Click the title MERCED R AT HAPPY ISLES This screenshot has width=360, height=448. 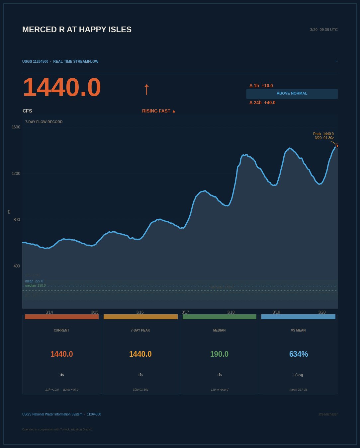pos(77,30)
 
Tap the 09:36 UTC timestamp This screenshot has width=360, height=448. pos(324,30)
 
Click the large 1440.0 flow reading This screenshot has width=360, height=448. pos(62,87)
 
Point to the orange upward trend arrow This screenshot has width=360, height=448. pos(146,89)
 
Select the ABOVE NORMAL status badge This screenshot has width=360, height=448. pos(292,94)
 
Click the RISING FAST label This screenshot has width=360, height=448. pos(159,111)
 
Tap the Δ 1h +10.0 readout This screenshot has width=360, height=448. pos(261,86)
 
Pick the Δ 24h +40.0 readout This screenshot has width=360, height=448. pos(262,103)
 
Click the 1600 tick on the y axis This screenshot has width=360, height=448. pos(16,127)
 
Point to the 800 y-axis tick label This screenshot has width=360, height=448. pos(17,220)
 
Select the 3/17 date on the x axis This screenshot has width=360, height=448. pos(185,312)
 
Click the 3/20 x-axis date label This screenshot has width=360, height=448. pos(322,312)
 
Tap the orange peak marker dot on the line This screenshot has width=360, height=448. pos(337,146)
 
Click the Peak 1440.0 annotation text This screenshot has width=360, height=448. pos(323,134)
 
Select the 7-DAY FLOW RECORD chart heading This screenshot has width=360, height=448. pos(44,122)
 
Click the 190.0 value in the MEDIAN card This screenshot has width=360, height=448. pos(219,354)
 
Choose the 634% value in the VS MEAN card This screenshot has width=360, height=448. pos(298,354)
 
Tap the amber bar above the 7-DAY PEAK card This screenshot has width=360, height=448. pos(140,317)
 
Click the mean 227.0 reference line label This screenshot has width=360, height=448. pos(34,281)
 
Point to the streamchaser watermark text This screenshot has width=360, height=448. pos(328,414)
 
